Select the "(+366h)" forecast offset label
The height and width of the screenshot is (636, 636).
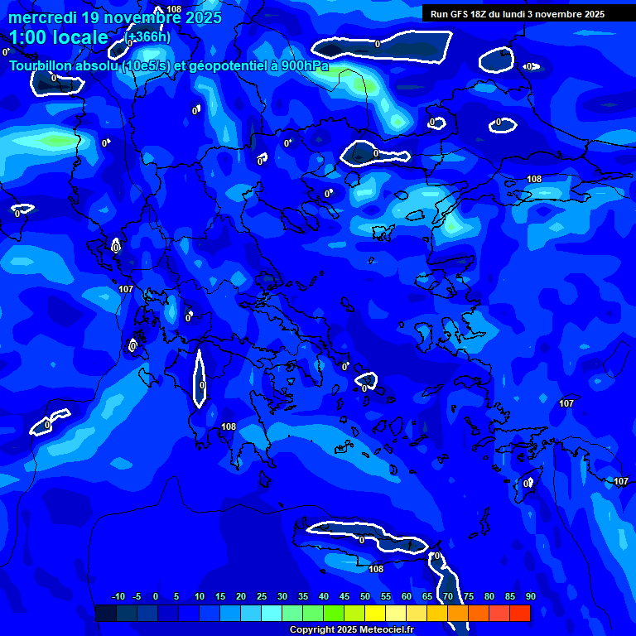(147, 37)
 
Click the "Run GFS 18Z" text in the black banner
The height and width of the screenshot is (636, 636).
(460, 14)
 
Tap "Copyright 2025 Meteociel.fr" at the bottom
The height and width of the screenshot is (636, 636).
(351, 630)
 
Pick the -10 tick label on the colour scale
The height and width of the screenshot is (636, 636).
(118, 596)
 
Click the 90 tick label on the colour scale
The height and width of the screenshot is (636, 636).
(530, 596)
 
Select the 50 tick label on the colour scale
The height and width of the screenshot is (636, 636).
(365, 596)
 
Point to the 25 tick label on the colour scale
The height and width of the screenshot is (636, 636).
(262, 596)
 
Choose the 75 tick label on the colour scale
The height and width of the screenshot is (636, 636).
(469, 596)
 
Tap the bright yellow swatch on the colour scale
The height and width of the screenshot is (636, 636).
(375, 613)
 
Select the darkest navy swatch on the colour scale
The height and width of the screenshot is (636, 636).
(106, 613)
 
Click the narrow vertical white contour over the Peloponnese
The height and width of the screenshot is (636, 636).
(199, 378)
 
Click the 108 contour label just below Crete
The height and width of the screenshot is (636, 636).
(376, 569)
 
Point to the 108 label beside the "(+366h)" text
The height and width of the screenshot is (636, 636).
(174, 9)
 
